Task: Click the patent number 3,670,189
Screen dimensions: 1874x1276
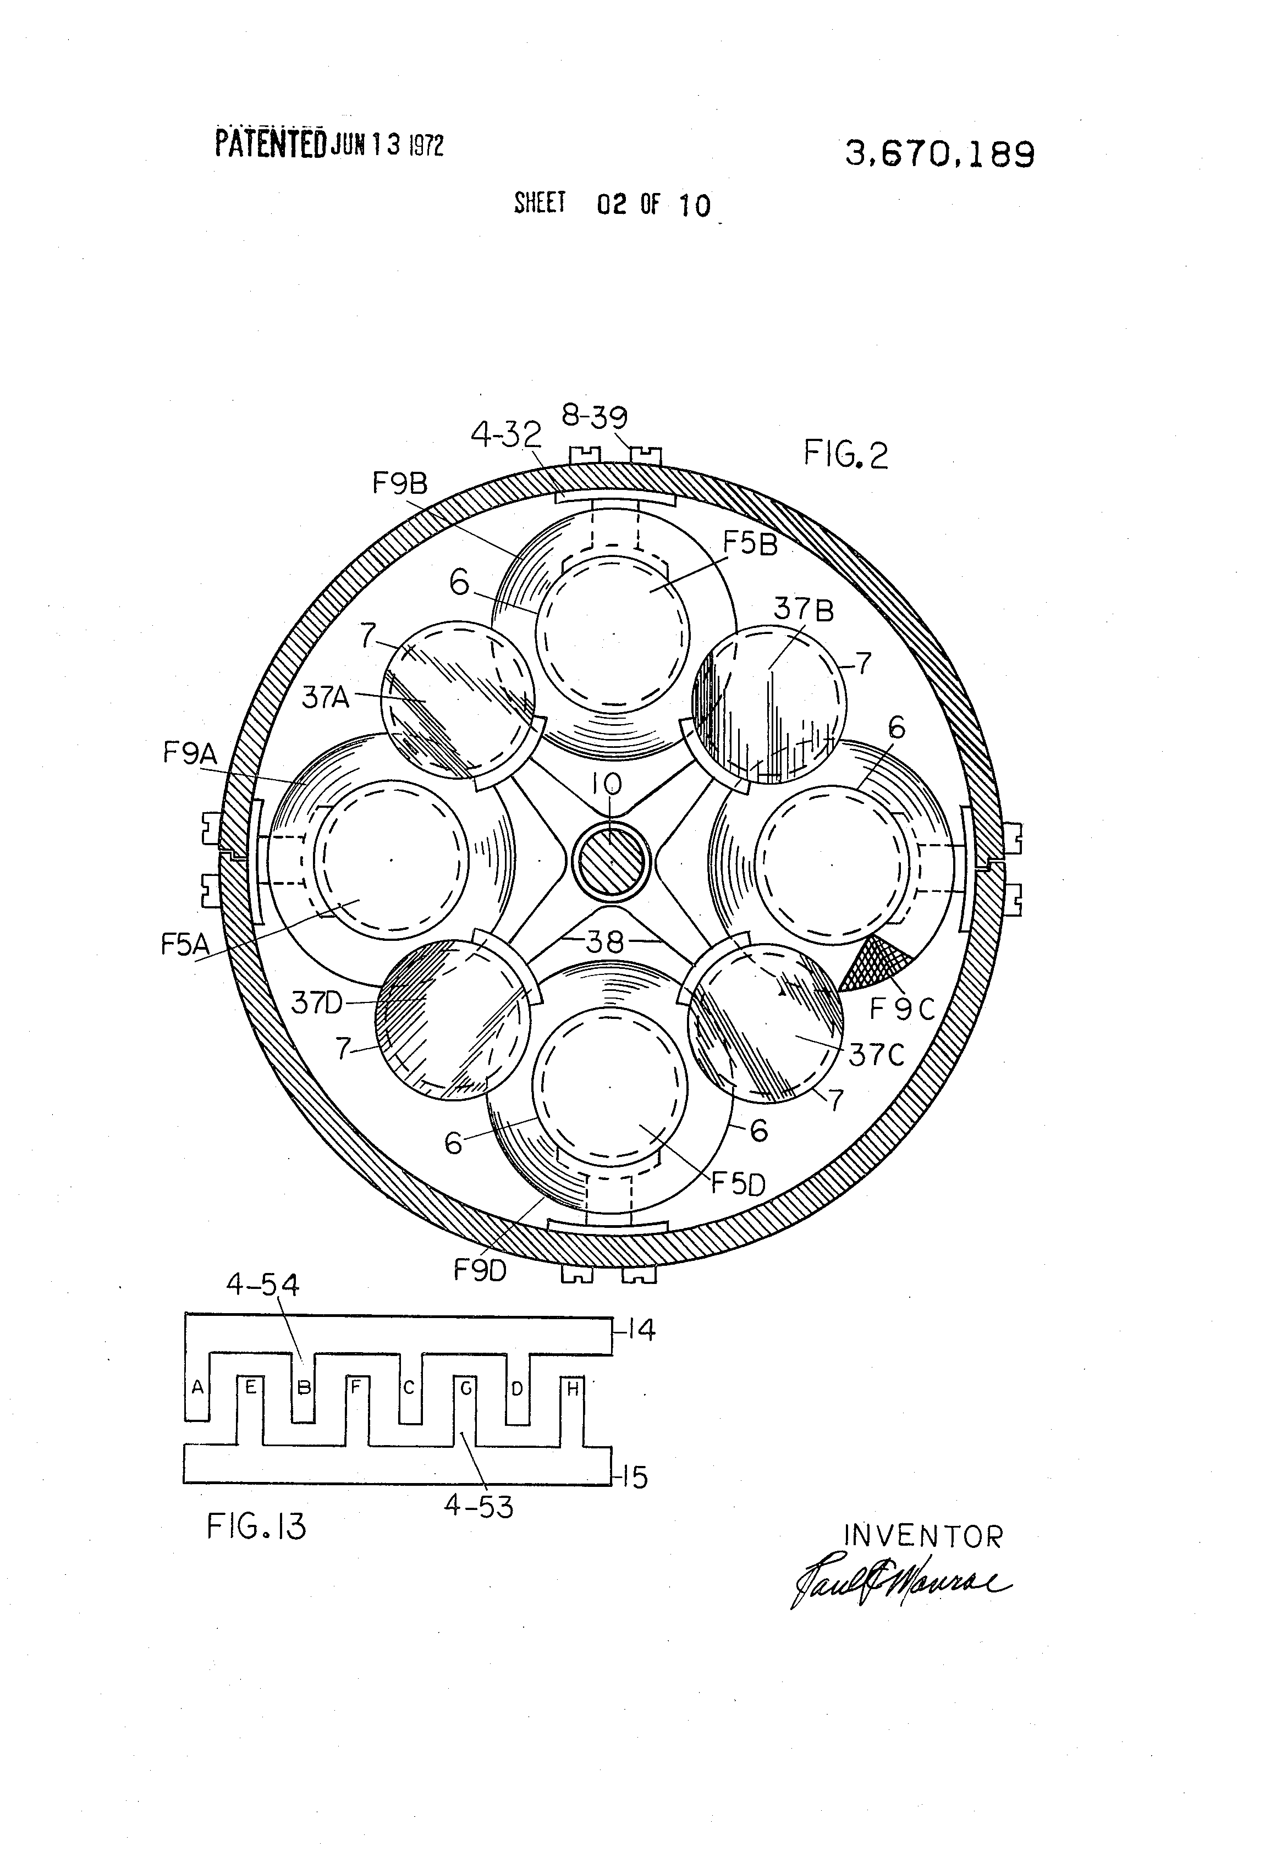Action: [939, 153]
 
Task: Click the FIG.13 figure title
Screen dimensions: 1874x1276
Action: [256, 1526]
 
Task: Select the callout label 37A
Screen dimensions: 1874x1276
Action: [325, 697]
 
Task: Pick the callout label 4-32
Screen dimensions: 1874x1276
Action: [505, 436]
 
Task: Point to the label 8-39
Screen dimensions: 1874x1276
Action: [595, 417]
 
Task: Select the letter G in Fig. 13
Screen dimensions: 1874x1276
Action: [465, 1388]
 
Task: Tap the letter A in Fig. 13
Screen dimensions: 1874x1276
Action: [196, 1388]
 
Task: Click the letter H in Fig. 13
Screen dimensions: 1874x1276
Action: [573, 1388]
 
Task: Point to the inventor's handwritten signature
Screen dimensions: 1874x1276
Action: [895, 1583]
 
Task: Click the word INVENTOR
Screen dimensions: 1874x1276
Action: [921, 1537]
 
